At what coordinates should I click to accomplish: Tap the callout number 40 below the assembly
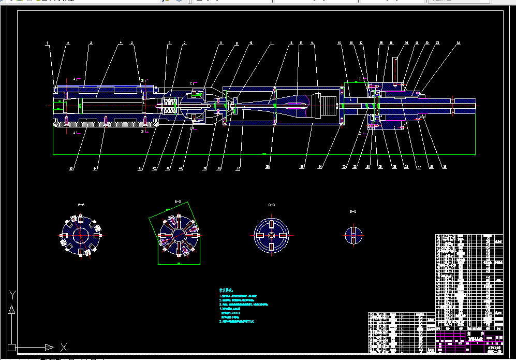click(x=72, y=168)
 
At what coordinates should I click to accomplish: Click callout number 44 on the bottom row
click(x=95, y=168)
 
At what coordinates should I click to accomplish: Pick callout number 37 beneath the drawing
click(x=239, y=168)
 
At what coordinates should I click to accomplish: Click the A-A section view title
click(x=81, y=205)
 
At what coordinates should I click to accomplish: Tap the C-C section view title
click(x=272, y=205)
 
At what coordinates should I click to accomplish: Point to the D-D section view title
click(x=353, y=211)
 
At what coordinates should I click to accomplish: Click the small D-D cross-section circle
click(x=353, y=235)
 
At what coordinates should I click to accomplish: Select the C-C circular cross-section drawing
click(x=271, y=235)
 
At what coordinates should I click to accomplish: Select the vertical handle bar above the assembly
click(x=396, y=70)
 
